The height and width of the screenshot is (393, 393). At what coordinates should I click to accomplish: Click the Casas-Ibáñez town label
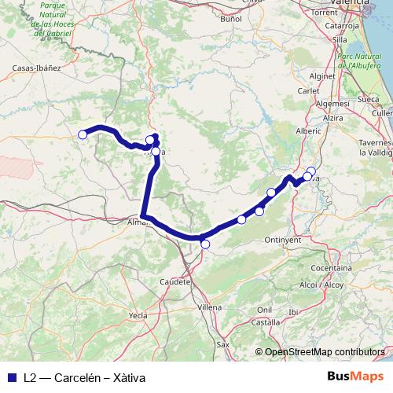[x=37, y=68]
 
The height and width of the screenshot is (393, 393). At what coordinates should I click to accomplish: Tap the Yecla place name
[x=138, y=315]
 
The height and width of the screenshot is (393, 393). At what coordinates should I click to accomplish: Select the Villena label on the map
[x=210, y=306]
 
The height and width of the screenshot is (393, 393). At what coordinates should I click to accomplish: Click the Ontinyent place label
[x=282, y=239]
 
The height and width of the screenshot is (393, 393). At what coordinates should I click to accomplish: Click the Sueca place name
[x=368, y=101]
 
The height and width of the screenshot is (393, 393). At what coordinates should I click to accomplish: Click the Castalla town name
[x=266, y=322]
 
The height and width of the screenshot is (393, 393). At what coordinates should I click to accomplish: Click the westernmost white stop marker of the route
[x=82, y=134]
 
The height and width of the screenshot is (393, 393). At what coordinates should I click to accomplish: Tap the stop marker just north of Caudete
[x=205, y=244]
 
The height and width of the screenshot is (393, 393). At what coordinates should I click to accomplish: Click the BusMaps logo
[x=354, y=376]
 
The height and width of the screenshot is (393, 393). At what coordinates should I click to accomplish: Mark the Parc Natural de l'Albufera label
[x=358, y=60]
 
